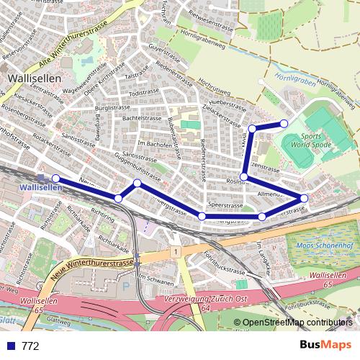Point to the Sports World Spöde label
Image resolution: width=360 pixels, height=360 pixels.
[x=311, y=140]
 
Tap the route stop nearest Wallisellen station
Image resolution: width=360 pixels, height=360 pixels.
[x=55, y=179]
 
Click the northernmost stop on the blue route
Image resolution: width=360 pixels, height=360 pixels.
[x=284, y=124]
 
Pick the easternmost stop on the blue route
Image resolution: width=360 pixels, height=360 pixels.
[x=304, y=197]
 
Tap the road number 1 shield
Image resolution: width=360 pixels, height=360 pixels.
[x=174, y=251]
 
